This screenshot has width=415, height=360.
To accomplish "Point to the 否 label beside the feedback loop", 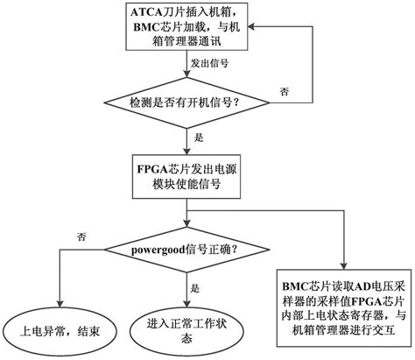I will coord(284,90).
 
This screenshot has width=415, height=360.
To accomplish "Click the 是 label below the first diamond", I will coord(199,138).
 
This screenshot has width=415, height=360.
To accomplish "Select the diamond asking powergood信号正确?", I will coord(186,248).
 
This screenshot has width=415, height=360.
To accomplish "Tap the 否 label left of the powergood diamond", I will coord(82,236).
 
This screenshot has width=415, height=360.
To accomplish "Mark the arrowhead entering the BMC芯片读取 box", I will coord(343,265).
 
